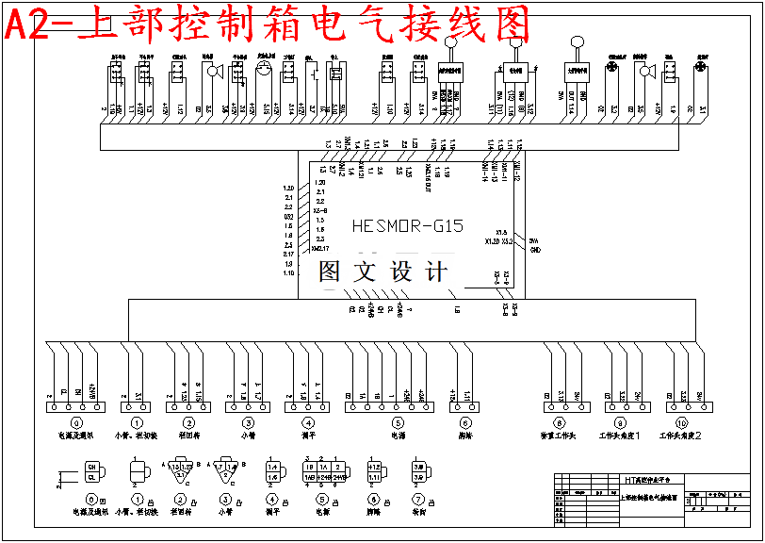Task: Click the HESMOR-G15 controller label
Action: click(407, 226)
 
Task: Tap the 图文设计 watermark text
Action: click(382, 271)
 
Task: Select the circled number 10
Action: click(682, 423)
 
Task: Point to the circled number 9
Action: click(620, 423)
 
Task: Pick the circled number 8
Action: click(559, 423)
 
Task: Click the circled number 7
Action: click(419, 498)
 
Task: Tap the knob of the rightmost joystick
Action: click(578, 41)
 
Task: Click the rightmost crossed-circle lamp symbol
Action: click(700, 68)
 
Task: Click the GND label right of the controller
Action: click(534, 250)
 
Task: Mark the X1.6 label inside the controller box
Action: click(501, 232)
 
